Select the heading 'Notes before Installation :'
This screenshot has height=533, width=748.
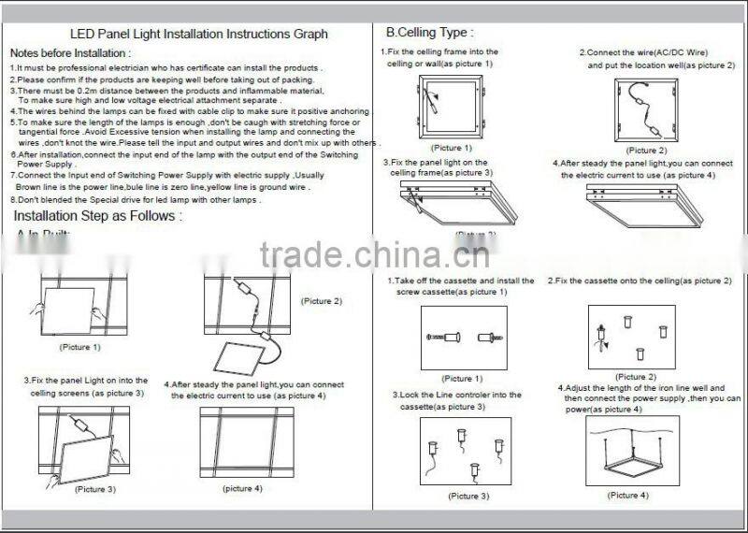[71, 53]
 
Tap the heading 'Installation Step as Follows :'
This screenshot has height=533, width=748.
[97, 216]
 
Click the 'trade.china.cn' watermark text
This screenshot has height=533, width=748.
[373, 253]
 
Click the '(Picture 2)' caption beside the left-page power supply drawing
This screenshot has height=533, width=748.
[321, 301]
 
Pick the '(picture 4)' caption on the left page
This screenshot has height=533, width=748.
[242, 489]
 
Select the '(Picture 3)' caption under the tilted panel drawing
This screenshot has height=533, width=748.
[95, 489]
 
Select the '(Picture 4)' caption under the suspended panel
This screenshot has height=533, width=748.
[628, 495]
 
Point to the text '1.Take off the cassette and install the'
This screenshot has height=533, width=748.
[460, 281]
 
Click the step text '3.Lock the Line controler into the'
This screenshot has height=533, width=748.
[456, 396]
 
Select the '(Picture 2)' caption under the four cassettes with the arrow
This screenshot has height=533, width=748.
[637, 377]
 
